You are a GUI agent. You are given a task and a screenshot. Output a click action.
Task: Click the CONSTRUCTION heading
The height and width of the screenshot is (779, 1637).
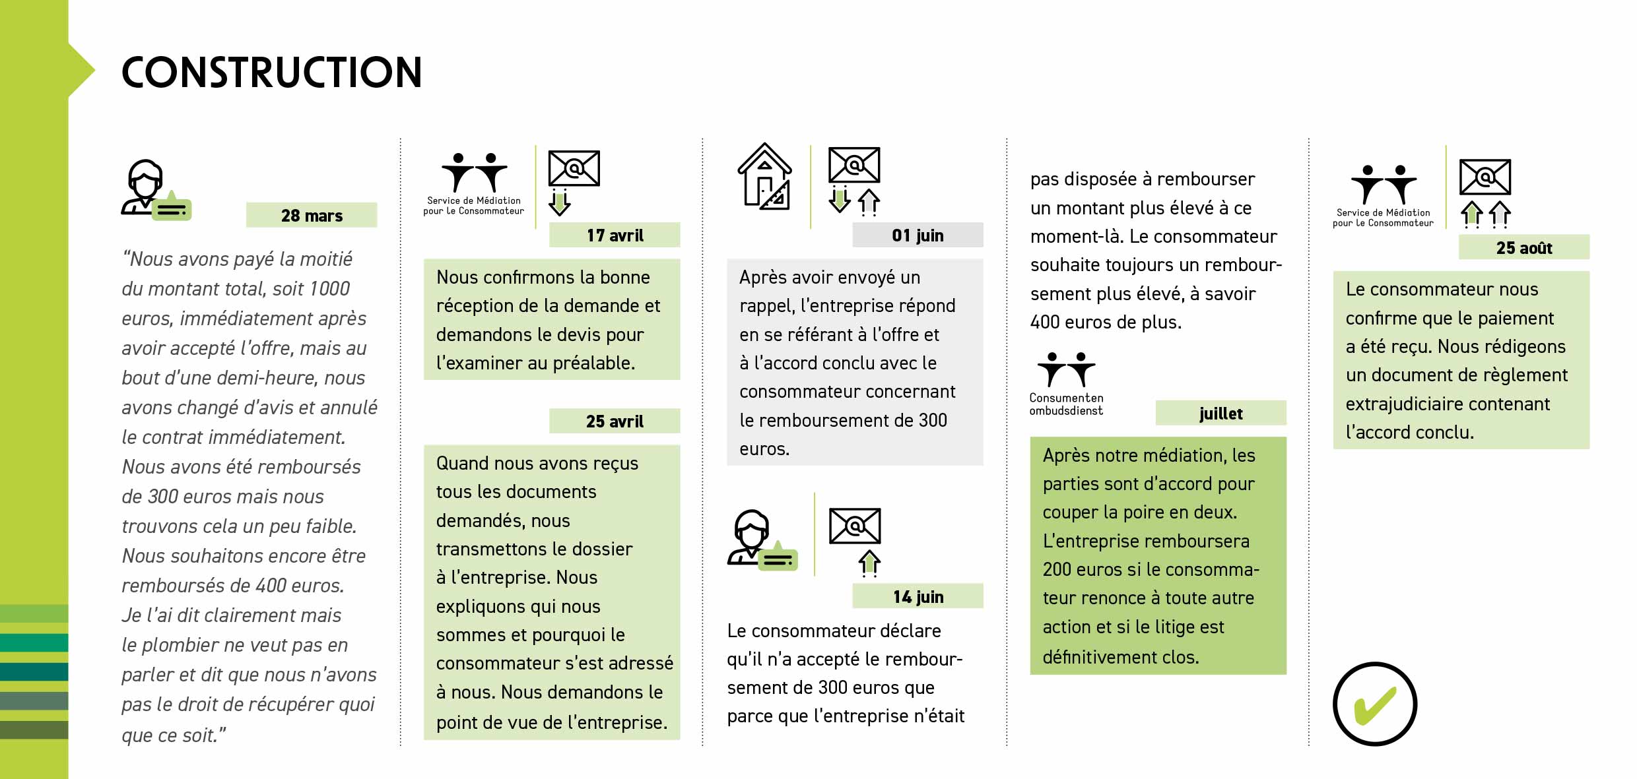tap(271, 73)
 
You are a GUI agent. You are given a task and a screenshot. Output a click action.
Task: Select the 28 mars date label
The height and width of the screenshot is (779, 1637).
tap(312, 216)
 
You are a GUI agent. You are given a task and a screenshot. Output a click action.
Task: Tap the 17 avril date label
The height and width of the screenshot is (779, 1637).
tap(615, 235)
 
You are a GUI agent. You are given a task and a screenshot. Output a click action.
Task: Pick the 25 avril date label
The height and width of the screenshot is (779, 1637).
tap(615, 421)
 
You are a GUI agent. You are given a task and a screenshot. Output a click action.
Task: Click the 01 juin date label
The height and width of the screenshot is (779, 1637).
tap(918, 235)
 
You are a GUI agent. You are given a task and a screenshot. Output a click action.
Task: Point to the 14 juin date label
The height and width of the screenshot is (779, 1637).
tap(918, 597)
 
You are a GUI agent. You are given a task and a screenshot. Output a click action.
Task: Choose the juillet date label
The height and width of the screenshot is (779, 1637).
tap(1220, 414)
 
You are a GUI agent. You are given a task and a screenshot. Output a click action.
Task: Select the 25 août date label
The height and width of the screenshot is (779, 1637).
tap(1523, 248)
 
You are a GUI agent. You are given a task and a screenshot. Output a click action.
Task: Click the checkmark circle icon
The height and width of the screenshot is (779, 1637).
tap(1375, 704)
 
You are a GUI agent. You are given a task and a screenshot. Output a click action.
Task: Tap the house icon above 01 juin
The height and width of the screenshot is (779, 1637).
tap(764, 177)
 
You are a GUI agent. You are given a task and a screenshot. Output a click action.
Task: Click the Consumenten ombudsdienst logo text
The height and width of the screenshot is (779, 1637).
tap(1066, 404)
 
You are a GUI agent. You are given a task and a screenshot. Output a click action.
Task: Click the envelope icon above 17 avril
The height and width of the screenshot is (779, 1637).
tap(574, 169)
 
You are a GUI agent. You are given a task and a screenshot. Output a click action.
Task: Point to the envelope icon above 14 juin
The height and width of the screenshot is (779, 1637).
tap(855, 526)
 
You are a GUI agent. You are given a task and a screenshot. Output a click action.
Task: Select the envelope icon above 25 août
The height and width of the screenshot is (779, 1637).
tap(1485, 177)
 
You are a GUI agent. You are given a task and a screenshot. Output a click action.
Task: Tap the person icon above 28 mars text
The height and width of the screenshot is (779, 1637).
tap(147, 187)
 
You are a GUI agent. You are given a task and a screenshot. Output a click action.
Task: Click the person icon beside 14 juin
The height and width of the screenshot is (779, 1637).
tap(752, 537)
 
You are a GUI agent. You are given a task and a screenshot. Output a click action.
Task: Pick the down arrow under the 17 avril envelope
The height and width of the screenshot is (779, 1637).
tap(559, 203)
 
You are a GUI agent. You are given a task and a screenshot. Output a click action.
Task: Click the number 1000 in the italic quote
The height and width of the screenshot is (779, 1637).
tap(329, 289)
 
